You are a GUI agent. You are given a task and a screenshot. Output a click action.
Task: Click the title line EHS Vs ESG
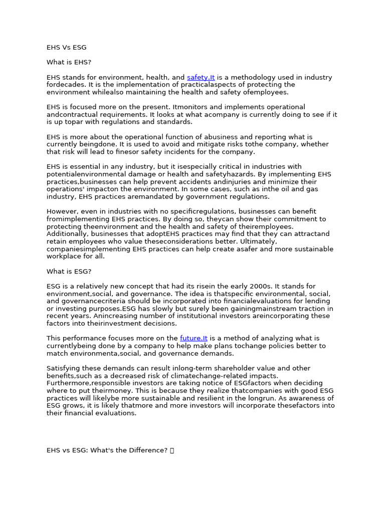66,48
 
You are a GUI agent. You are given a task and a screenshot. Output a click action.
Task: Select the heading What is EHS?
69,63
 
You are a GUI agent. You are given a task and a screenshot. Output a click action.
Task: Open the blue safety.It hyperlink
201,78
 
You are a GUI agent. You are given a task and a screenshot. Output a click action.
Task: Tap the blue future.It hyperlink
194,339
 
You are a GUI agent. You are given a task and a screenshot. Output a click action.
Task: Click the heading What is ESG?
69,272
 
